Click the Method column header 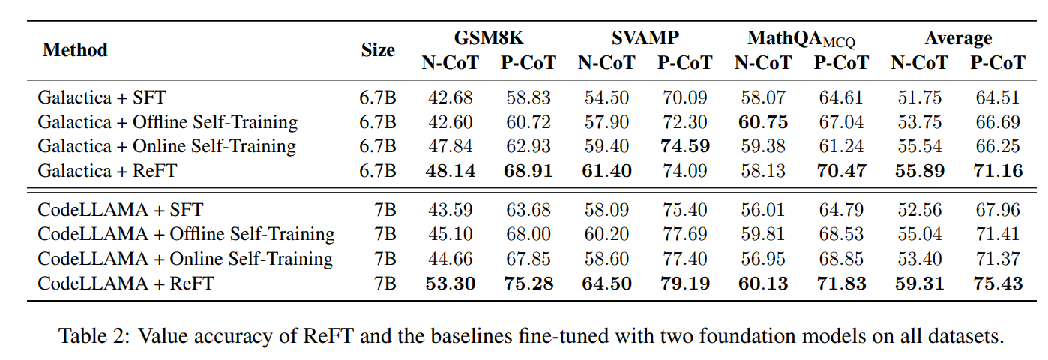click(x=75, y=50)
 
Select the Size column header click(x=378, y=50)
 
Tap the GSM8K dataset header click(x=488, y=39)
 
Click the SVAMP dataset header click(x=645, y=39)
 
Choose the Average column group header click(x=957, y=39)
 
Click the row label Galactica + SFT click(x=102, y=97)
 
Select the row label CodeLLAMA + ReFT click(x=125, y=283)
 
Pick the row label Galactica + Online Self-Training click(x=166, y=146)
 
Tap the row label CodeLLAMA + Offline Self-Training click(x=186, y=234)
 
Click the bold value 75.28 click(x=528, y=283)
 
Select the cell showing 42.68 click(x=450, y=97)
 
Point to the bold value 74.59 click(x=684, y=146)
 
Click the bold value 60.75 click(x=762, y=122)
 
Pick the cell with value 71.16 click(x=997, y=171)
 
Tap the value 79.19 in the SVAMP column click(x=684, y=283)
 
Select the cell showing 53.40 click(x=919, y=259)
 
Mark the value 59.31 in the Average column click(x=919, y=283)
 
